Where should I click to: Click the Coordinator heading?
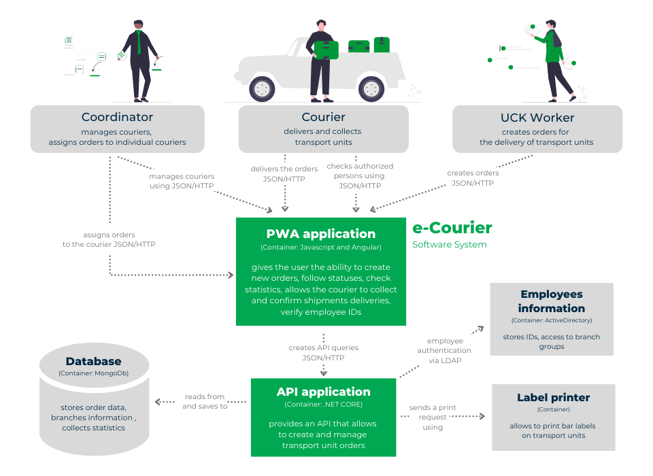(117, 117)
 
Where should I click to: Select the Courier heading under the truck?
(323, 117)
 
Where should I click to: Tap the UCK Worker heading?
(537, 118)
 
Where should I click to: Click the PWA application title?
(320, 234)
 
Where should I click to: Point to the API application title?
(323, 392)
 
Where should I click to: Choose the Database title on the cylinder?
(94, 362)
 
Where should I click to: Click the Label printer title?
(553, 397)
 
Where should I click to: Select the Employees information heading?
(552, 301)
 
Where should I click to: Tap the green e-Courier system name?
(452, 228)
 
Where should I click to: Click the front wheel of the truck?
(262, 88)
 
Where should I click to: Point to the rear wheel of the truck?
(371, 88)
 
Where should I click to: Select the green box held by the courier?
(326, 49)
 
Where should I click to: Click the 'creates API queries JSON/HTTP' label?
(323, 352)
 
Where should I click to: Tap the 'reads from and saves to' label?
(205, 401)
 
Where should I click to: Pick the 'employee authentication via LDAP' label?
(445, 350)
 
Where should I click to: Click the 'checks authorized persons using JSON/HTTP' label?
(360, 175)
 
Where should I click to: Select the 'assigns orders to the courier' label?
(109, 239)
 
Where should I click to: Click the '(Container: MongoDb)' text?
(94, 373)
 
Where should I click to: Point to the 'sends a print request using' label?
(433, 417)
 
